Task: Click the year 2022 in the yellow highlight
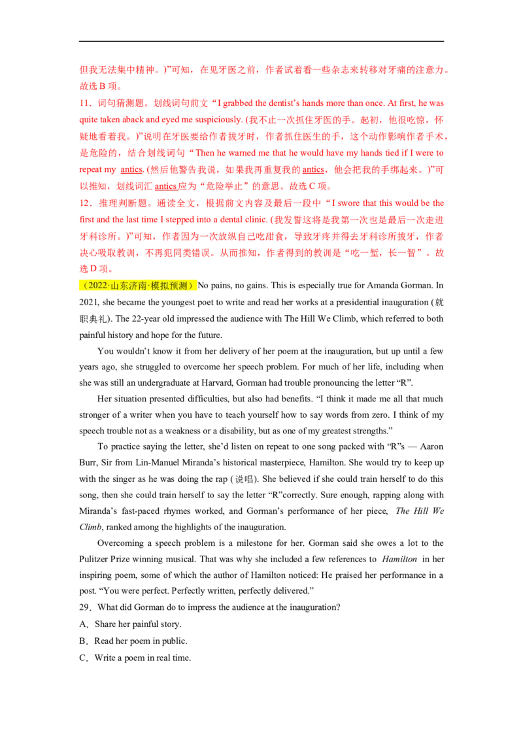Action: (98, 286)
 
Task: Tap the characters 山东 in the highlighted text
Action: (119, 286)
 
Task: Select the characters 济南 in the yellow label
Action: (139, 286)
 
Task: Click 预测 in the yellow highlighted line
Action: (179, 286)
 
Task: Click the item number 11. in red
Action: (84, 103)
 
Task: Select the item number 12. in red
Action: (84, 203)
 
